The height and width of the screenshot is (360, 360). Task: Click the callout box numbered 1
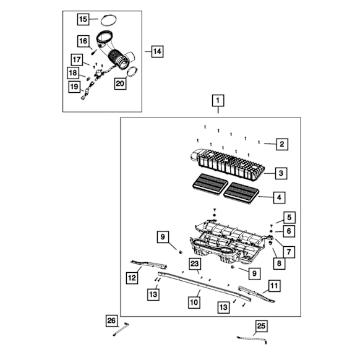(x=218, y=100)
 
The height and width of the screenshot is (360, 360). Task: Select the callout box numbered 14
(x=157, y=51)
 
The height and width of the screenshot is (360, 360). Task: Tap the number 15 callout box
(x=83, y=19)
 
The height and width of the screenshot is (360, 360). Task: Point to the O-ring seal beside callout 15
(x=109, y=20)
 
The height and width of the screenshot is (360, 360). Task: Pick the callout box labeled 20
(x=120, y=84)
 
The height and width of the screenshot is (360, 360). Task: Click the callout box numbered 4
(x=279, y=197)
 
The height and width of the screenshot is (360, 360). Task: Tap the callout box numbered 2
(x=282, y=144)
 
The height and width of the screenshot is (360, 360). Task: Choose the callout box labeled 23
(x=195, y=264)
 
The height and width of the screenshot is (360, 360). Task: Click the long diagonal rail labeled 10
(x=204, y=286)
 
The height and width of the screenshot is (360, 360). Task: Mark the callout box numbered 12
(x=132, y=278)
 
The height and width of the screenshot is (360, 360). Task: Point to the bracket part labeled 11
(x=257, y=294)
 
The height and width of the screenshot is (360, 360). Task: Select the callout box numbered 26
(x=111, y=320)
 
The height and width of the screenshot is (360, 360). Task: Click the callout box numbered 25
(x=261, y=326)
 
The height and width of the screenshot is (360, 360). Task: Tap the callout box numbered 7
(x=289, y=252)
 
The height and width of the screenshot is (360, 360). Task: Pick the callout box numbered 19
(x=74, y=87)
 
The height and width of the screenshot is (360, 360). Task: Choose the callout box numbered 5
(x=289, y=218)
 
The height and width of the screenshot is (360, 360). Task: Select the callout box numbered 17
(x=77, y=60)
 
